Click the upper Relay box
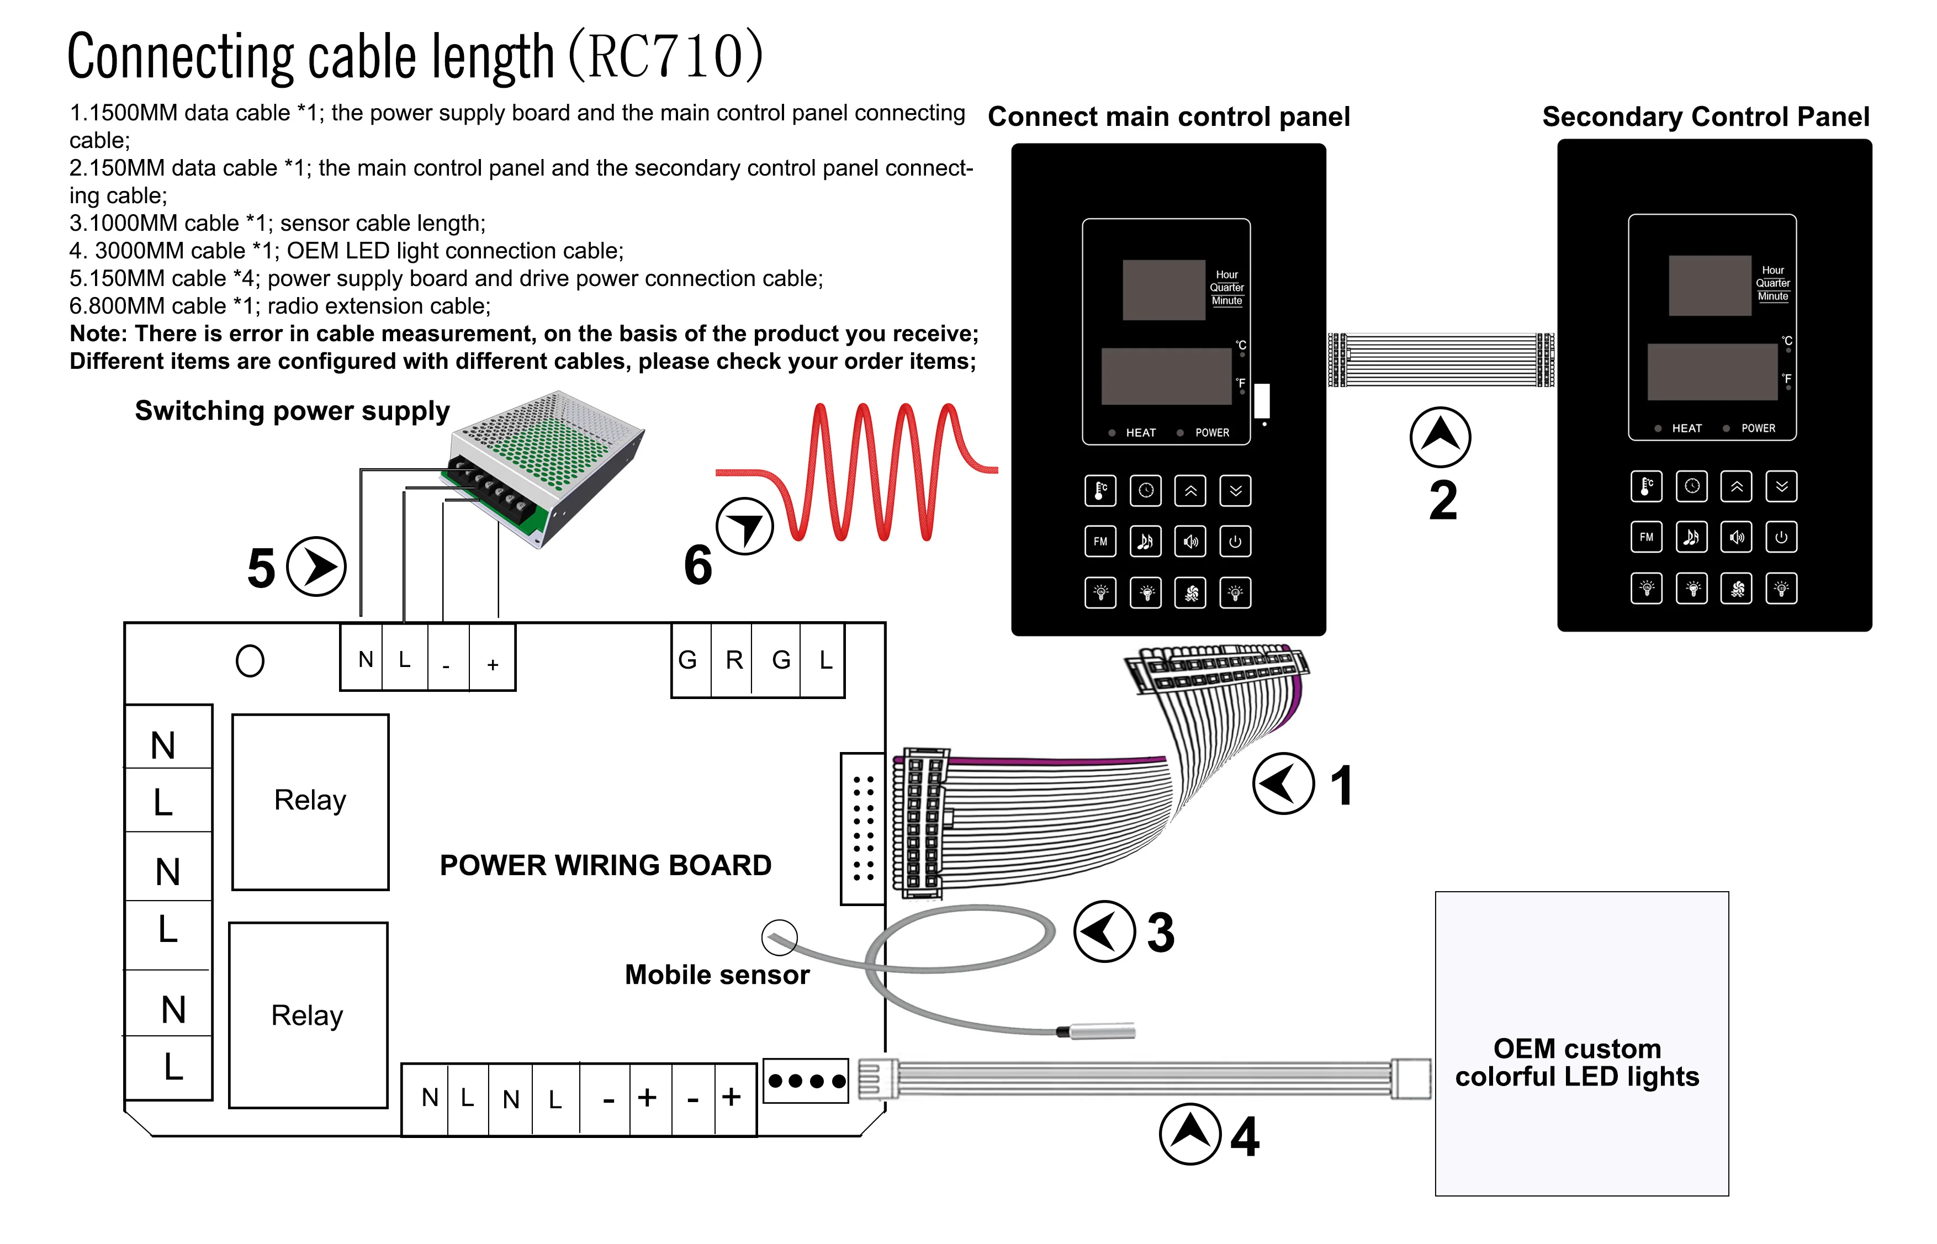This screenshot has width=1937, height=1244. pos(310,801)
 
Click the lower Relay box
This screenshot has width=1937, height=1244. pos(308,1015)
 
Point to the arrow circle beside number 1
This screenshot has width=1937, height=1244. pos(1283,784)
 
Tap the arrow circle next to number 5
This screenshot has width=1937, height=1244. pos(316,567)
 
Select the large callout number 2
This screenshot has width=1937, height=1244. pos(1443,501)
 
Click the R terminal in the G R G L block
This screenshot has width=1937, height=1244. pos(733,660)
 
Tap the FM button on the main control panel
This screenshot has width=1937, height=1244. pos(1100,541)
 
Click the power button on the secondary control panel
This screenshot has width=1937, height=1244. pos(1781,537)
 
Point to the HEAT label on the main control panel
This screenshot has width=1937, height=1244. pos(1141,433)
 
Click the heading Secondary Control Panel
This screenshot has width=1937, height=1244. pos(1705,117)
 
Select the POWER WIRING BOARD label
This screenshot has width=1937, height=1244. pos(605,865)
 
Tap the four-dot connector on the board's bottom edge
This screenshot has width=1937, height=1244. pos(805,1081)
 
